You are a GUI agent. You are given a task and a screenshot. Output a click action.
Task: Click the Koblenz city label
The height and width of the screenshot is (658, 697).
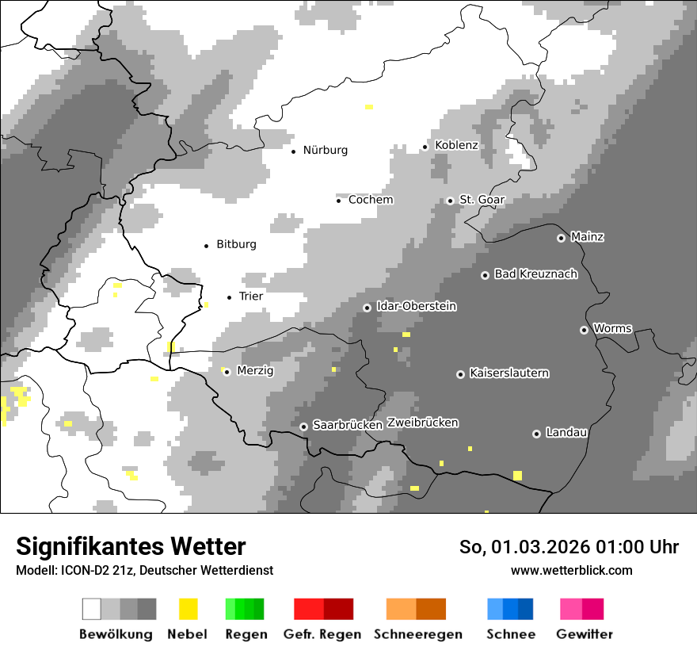(456, 145)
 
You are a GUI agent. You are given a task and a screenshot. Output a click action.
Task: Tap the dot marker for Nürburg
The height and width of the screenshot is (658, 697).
(293, 151)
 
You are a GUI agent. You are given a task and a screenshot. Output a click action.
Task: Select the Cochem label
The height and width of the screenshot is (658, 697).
(371, 200)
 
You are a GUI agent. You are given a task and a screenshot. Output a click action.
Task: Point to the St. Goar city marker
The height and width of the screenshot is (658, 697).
(450, 201)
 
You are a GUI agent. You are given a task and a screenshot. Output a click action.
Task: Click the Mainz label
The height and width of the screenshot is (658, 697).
(587, 237)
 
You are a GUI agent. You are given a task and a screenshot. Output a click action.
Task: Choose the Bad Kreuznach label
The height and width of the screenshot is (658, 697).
(535, 274)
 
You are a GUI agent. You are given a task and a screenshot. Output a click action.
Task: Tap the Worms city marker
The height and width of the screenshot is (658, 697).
(584, 330)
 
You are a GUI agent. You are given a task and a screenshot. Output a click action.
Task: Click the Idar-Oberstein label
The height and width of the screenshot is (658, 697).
(416, 306)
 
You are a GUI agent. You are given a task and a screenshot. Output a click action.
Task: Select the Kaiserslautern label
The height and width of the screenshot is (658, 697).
(508, 373)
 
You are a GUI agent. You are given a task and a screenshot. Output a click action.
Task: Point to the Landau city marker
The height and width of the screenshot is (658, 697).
(536, 434)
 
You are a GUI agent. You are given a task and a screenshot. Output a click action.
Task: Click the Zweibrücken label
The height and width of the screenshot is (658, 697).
(422, 423)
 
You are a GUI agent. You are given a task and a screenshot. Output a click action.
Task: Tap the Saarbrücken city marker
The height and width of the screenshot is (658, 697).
(303, 427)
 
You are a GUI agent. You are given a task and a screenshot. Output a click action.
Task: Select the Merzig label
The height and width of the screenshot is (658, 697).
(255, 370)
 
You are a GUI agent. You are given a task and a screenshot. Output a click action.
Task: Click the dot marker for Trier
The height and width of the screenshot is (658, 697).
(230, 297)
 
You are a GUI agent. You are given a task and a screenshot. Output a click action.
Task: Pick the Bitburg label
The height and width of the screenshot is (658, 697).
(236, 244)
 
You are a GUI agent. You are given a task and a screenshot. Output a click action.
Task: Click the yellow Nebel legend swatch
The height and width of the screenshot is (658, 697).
(188, 609)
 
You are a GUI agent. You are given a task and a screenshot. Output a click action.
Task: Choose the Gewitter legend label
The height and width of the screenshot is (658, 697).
(584, 634)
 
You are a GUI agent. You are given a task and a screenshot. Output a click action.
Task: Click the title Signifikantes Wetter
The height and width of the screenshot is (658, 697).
(131, 546)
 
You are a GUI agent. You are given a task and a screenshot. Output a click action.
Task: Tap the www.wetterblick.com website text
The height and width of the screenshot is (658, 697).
(571, 570)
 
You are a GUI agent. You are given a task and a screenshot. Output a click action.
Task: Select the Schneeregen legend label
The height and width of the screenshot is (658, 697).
(417, 634)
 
